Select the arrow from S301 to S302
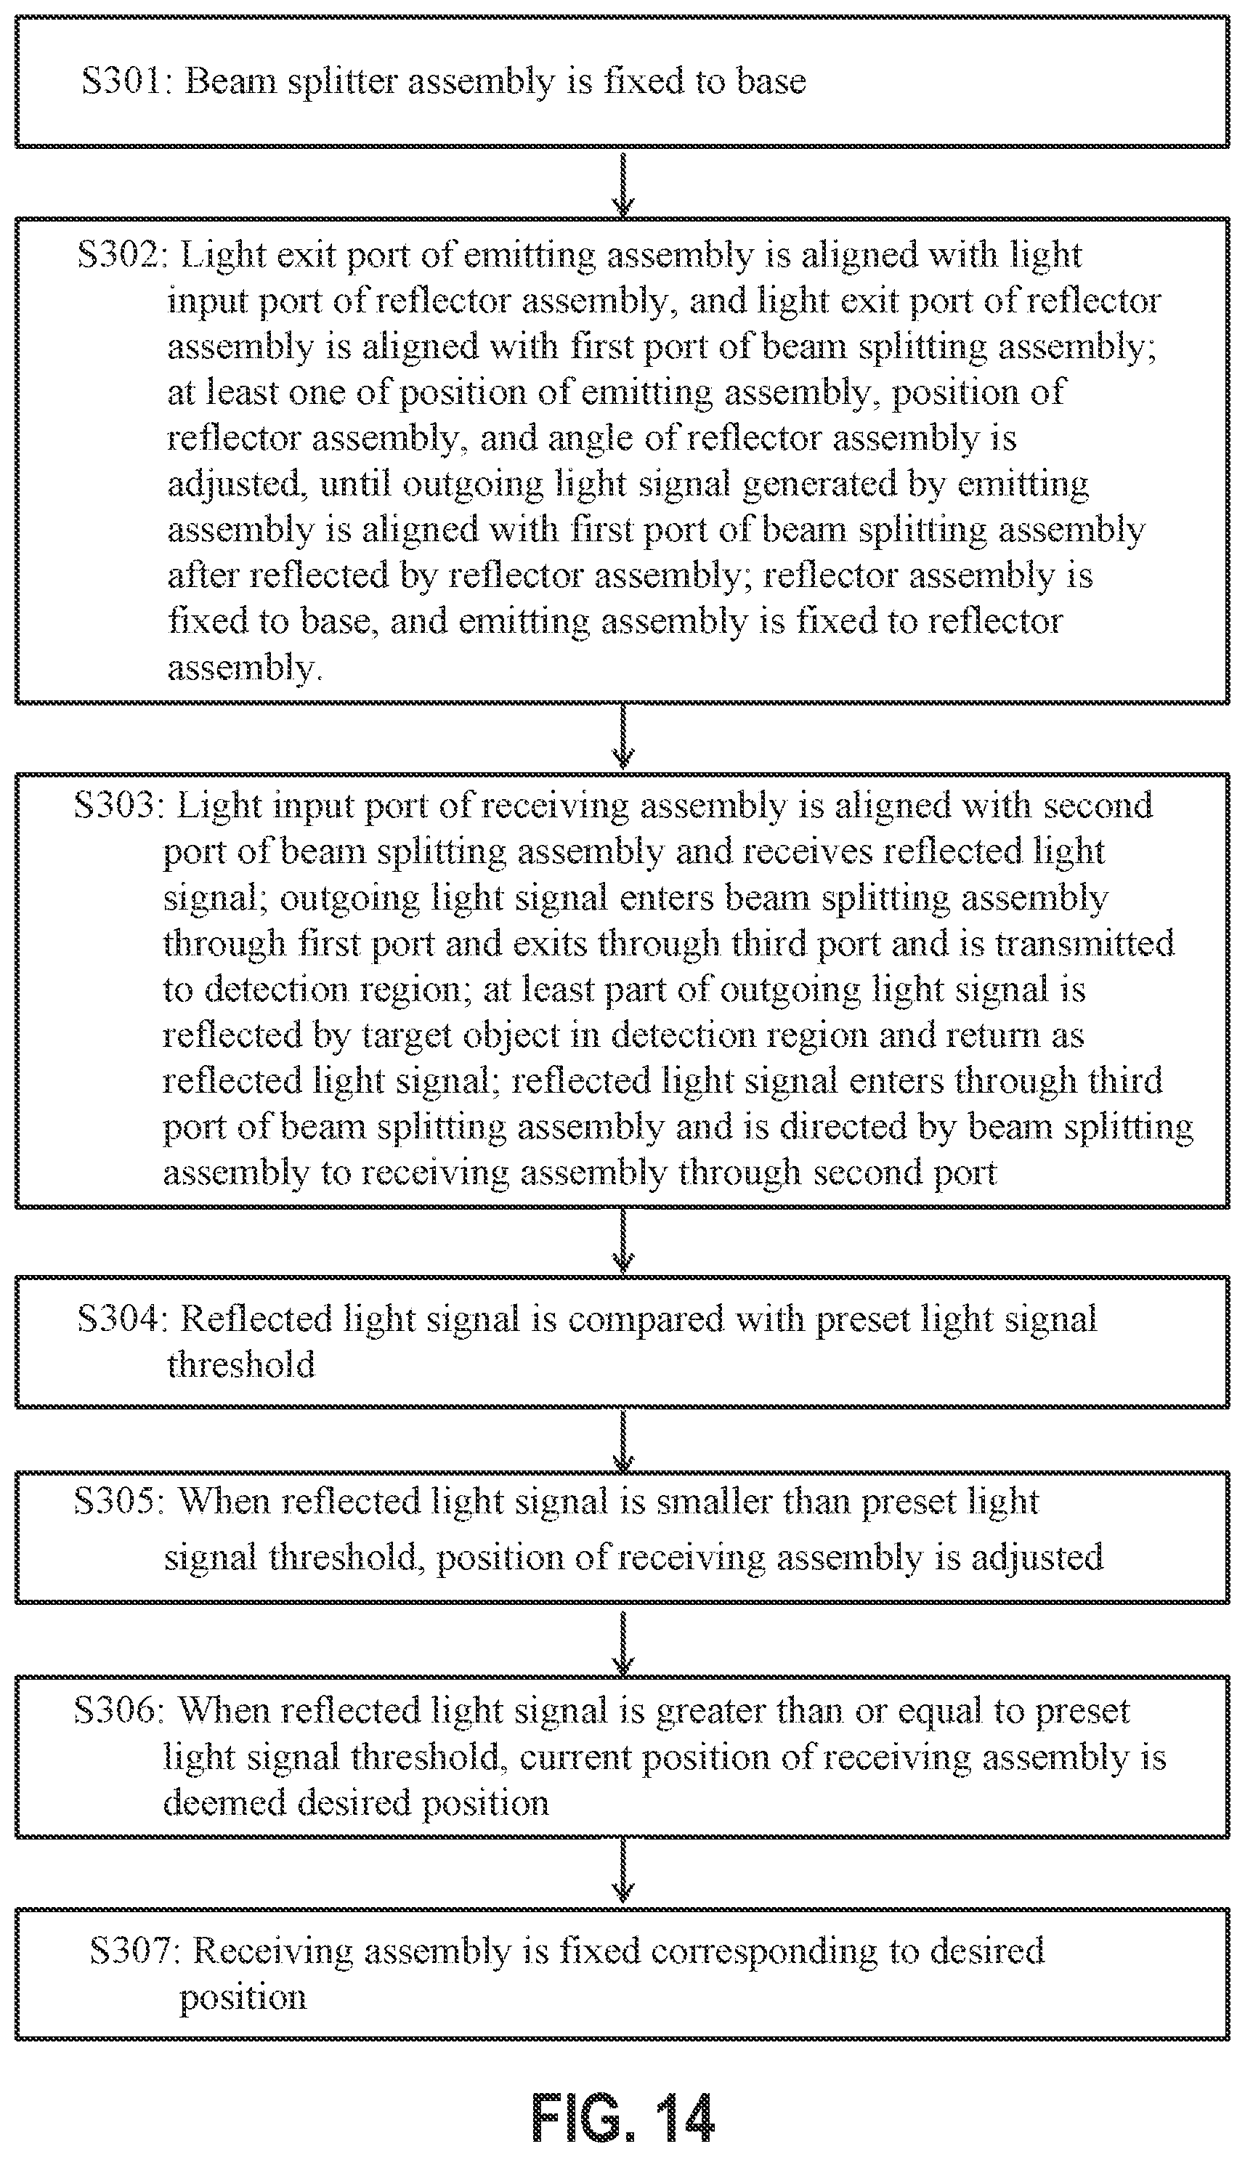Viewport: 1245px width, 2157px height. pos(623,183)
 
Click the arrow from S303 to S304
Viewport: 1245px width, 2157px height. pos(623,1241)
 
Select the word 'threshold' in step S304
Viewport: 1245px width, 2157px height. pos(241,1365)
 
